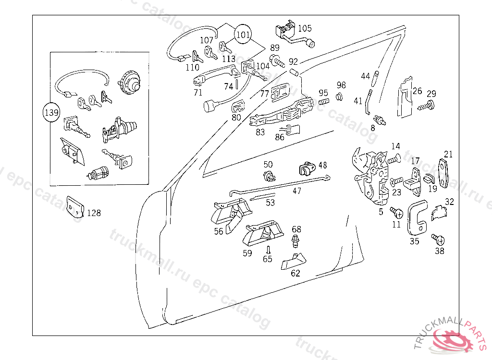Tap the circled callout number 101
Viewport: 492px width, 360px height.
click(x=243, y=35)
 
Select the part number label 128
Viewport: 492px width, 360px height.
click(x=94, y=213)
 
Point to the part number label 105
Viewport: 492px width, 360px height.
click(x=305, y=28)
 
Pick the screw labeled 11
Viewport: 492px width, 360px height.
click(x=396, y=212)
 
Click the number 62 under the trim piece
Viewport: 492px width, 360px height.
click(x=295, y=274)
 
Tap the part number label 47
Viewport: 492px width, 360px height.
click(x=297, y=191)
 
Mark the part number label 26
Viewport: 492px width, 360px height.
click(x=417, y=91)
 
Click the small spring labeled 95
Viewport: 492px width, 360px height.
click(x=323, y=102)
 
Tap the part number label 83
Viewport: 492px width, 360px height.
click(x=260, y=132)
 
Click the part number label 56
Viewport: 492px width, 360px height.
click(x=219, y=231)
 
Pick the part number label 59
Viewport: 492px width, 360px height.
click(x=247, y=253)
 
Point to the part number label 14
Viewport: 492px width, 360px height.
click(x=395, y=146)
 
